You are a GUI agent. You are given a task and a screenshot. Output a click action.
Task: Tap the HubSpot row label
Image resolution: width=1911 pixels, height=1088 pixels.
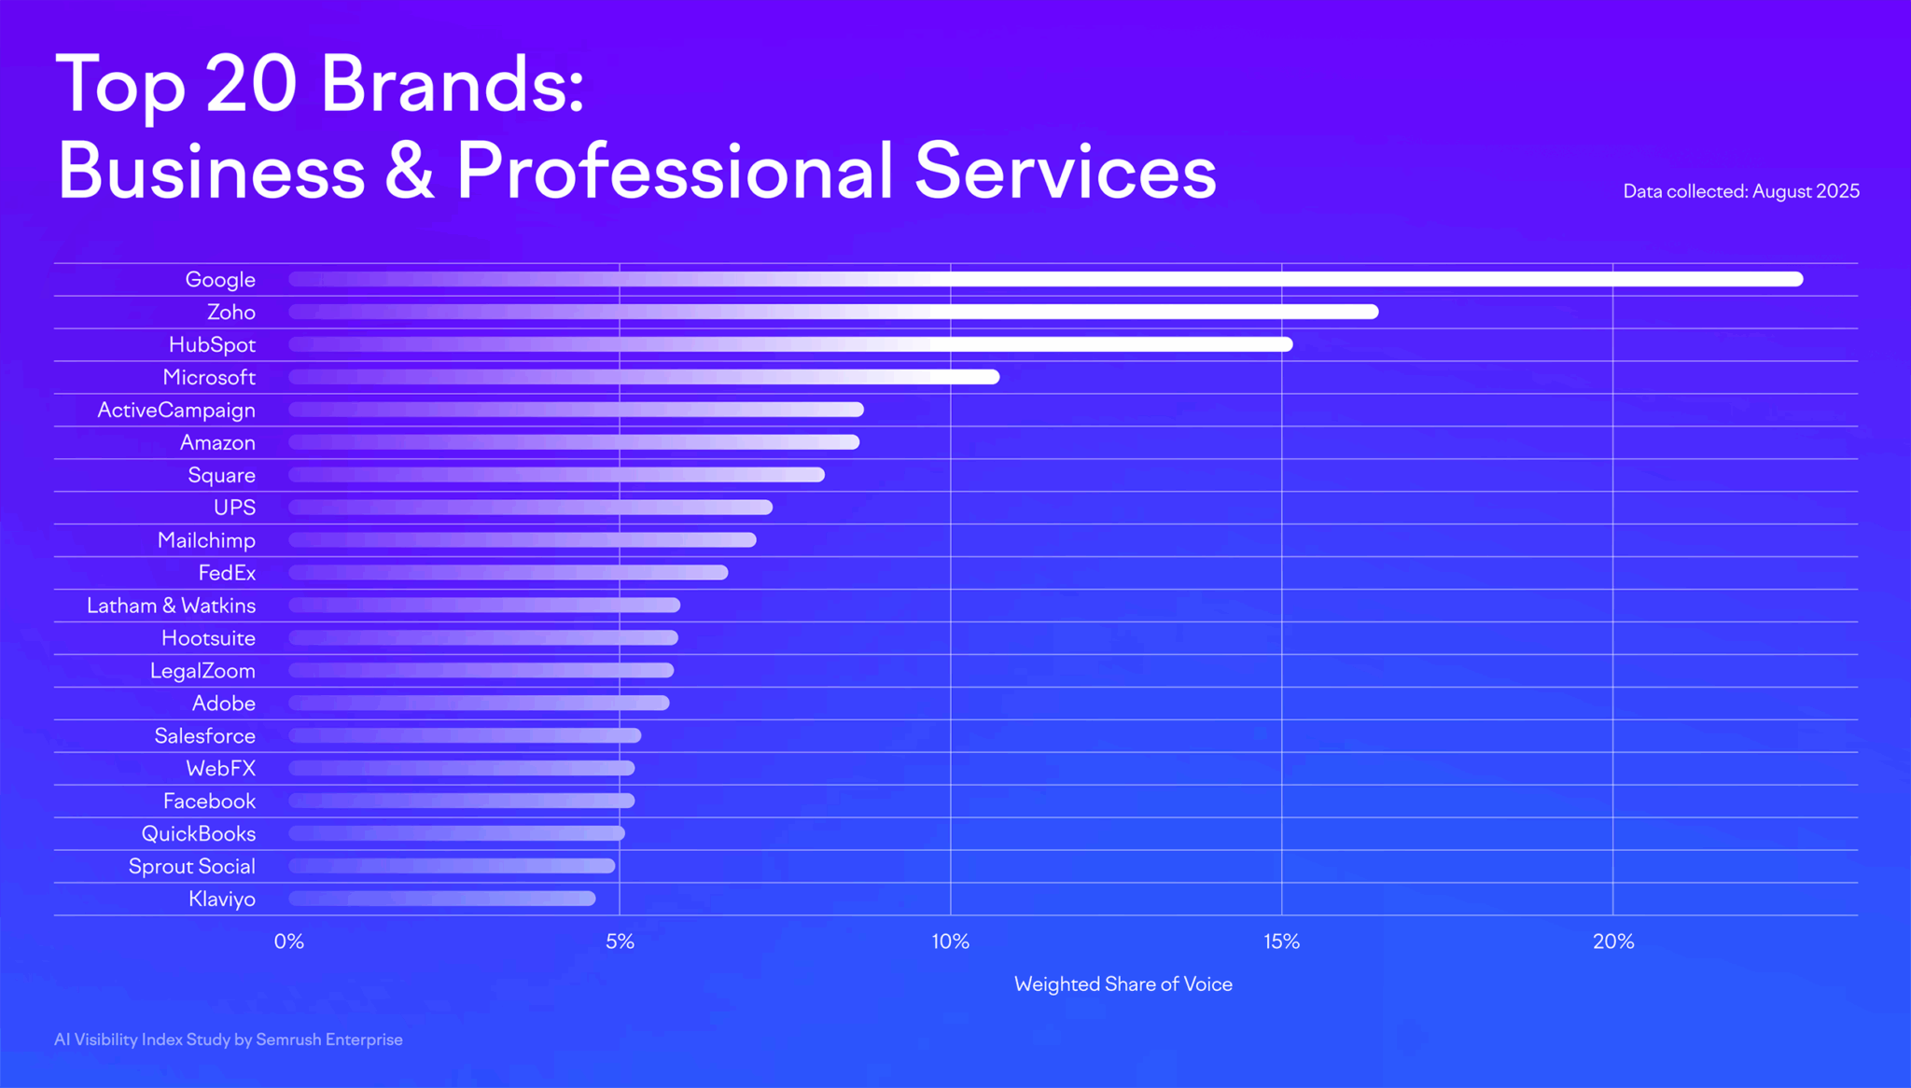point(212,344)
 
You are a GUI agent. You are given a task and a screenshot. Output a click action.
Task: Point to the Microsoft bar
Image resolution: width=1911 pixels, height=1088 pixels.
point(644,377)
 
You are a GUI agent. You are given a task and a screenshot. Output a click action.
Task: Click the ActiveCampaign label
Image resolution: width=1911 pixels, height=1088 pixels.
point(176,410)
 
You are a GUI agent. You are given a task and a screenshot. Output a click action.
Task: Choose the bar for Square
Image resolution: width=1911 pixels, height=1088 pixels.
point(556,475)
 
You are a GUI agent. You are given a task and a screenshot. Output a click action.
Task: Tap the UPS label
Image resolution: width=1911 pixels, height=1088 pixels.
point(234,508)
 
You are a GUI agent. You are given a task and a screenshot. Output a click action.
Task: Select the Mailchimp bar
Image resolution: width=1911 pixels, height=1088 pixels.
point(523,540)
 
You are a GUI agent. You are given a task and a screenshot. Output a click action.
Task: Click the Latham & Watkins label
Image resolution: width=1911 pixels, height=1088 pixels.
point(171,606)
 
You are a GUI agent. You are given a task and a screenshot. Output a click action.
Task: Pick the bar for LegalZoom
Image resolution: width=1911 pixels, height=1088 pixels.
point(481,671)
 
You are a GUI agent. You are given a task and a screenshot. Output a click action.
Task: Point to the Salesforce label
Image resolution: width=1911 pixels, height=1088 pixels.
point(204,736)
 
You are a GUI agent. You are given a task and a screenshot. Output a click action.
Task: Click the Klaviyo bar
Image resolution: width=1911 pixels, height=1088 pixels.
point(441,899)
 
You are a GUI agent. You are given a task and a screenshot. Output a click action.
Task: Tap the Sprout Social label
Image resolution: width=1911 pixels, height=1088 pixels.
point(191,866)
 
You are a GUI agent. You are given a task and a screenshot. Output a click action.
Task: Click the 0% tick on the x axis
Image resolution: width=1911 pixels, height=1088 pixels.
point(289,942)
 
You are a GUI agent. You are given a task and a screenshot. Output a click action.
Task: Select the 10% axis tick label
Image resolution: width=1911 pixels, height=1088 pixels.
point(950,942)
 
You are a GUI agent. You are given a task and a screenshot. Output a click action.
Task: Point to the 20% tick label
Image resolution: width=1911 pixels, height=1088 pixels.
point(1612,942)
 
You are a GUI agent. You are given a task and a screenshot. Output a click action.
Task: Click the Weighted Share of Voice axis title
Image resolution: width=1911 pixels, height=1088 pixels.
point(1123,984)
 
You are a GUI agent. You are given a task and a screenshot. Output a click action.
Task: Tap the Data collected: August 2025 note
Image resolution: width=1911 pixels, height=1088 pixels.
point(1740,191)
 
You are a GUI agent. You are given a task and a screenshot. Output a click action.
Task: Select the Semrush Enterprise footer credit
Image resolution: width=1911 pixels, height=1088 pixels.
point(328,1039)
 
